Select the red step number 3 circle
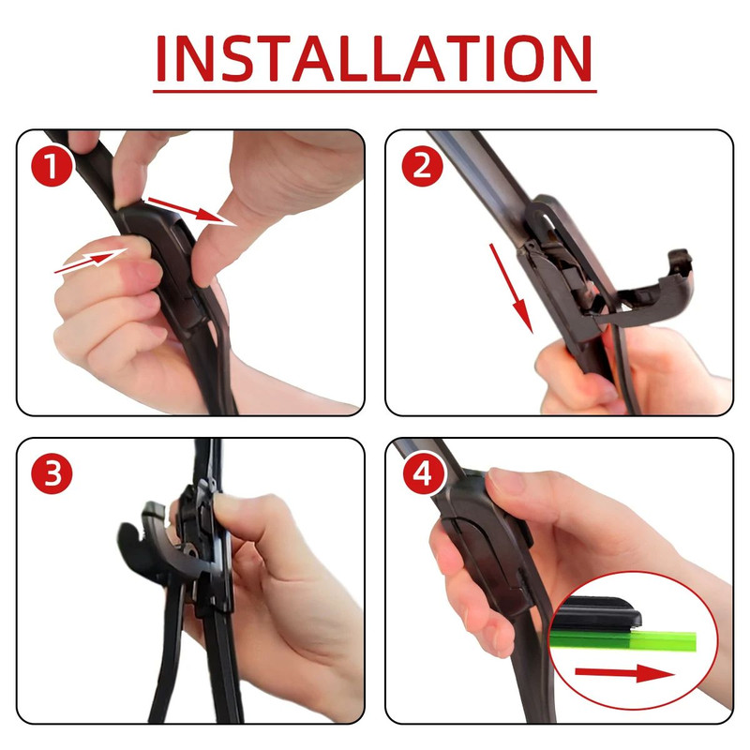52,474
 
